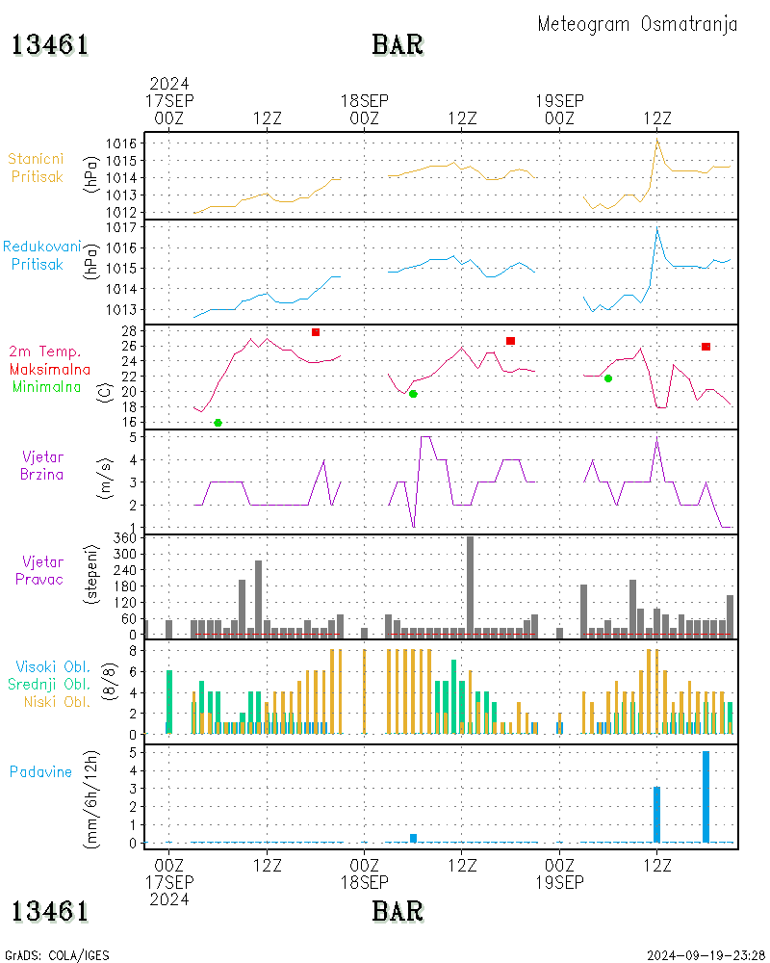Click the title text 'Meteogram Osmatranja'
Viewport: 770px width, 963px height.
tap(637, 25)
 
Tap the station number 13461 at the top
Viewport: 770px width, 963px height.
tap(50, 45)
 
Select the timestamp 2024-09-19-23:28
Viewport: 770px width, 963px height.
tap(706, 955)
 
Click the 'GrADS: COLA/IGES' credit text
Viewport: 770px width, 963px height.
tap(57, 955)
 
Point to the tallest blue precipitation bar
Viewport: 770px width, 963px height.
tap(706, 796)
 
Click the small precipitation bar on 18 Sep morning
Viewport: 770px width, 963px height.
tap(413, 839)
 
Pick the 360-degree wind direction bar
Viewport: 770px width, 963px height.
tap(471, 586)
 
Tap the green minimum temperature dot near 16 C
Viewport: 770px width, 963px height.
tap(218, 423)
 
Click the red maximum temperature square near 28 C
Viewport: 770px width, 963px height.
tap(316, 332)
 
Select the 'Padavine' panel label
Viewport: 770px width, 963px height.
tap(40, 772)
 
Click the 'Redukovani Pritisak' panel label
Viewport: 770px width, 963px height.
tap(40, 255)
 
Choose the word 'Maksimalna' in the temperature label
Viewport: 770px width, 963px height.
tap(50, 370)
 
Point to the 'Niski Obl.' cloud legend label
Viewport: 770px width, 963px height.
tap(57, 702)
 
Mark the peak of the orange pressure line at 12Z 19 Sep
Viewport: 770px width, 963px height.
tap(657, 139)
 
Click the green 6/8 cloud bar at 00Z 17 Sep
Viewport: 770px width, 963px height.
tap(169, 702)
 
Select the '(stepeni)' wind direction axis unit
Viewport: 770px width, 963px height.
tap(90, 574)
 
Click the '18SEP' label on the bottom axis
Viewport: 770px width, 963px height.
tap(365, 882)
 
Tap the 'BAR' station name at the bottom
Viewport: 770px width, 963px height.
tap(398, 911)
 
